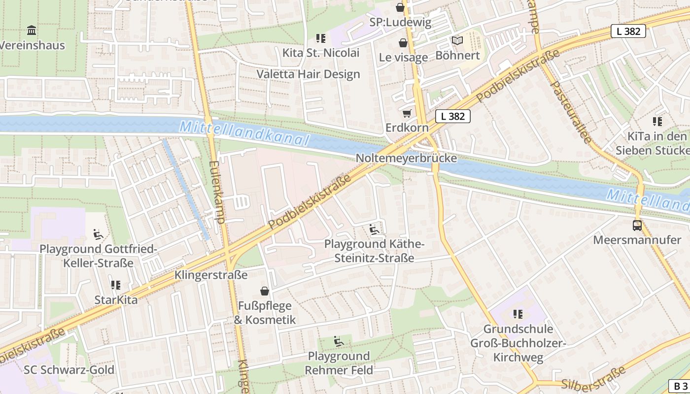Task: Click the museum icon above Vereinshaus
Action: click(x=32, y=31)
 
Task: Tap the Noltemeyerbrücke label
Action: click(x=406, y=159)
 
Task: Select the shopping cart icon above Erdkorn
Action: click(x=407, y=114)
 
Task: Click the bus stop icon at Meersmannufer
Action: click(x=637, y=226)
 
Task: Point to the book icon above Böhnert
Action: click(x=457, y=41)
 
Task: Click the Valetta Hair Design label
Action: click(x=308, y=74)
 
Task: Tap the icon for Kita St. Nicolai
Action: click(x=321, y=38)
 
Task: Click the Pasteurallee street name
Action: click(x=570, y=112)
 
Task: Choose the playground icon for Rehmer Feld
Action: click(x=339, y=341)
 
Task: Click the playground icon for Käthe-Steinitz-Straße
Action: click(x=374, y=230)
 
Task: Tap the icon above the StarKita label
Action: click(x=116, y=285)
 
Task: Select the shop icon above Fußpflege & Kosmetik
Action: click(x=265, y=291)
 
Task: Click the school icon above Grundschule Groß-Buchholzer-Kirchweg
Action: click(x=518, y=314)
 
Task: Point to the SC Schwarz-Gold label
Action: click(x=69, y=370)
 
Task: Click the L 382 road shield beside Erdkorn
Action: click(x=452, y=116)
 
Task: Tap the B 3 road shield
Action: click(x=680, y=386)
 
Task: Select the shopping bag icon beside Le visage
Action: click(x=403, y=43)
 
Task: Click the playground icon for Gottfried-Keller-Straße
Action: click(x=98, y=234)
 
